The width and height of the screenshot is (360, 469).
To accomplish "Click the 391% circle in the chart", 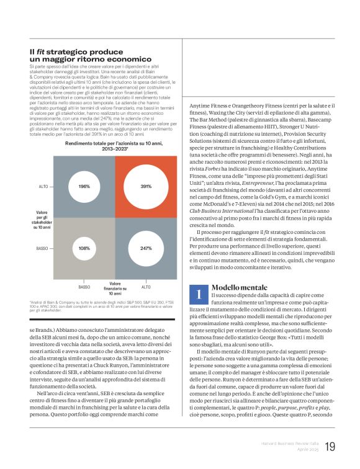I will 145,186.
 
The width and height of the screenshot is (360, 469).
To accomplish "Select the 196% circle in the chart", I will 84,186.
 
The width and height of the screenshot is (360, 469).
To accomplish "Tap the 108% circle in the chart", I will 84,248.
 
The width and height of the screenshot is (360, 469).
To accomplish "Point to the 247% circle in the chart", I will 145,248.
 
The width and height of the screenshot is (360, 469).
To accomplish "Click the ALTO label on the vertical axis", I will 43,186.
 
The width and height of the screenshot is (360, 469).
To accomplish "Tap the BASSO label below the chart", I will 84,287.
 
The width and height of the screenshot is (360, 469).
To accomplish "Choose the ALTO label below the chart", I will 145,287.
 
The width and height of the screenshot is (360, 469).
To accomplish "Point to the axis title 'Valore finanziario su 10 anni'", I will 115,287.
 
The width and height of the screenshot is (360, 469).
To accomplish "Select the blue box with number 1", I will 197,293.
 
